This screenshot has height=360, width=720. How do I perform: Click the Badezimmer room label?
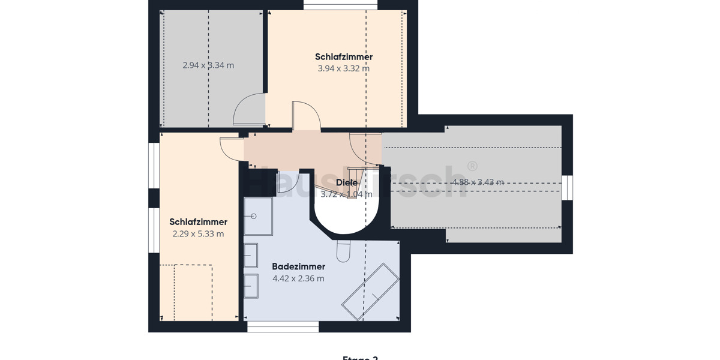tap(298, 266)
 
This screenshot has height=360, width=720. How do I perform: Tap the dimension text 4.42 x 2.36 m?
tap(298, 278)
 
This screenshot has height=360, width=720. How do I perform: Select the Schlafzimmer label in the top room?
tap(344, 57)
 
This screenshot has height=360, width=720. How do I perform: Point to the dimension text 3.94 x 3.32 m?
tap(344, 68)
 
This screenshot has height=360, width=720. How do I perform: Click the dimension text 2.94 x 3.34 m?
tap(208, 65)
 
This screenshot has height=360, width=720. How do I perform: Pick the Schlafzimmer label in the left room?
tap(198, 222)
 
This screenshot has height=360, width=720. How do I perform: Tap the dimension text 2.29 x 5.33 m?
tap(198, 234)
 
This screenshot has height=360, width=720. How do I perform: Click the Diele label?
tap(347, 182)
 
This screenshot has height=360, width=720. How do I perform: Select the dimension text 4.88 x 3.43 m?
tap(478, 182)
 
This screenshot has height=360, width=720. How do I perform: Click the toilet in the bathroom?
tap(343, 251)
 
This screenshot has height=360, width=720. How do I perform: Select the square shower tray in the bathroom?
tap(258, 216)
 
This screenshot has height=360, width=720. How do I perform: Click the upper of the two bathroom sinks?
tap(250, 255)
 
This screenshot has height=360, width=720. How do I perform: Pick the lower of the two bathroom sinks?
tap(250, 286)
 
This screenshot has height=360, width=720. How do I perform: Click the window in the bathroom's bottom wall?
tap(283, 327)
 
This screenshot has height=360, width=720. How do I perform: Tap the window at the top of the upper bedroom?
tap(340, 5)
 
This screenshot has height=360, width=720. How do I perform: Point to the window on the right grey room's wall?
tap(567, 188)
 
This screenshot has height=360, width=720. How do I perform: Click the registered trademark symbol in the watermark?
tap(472, 166)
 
